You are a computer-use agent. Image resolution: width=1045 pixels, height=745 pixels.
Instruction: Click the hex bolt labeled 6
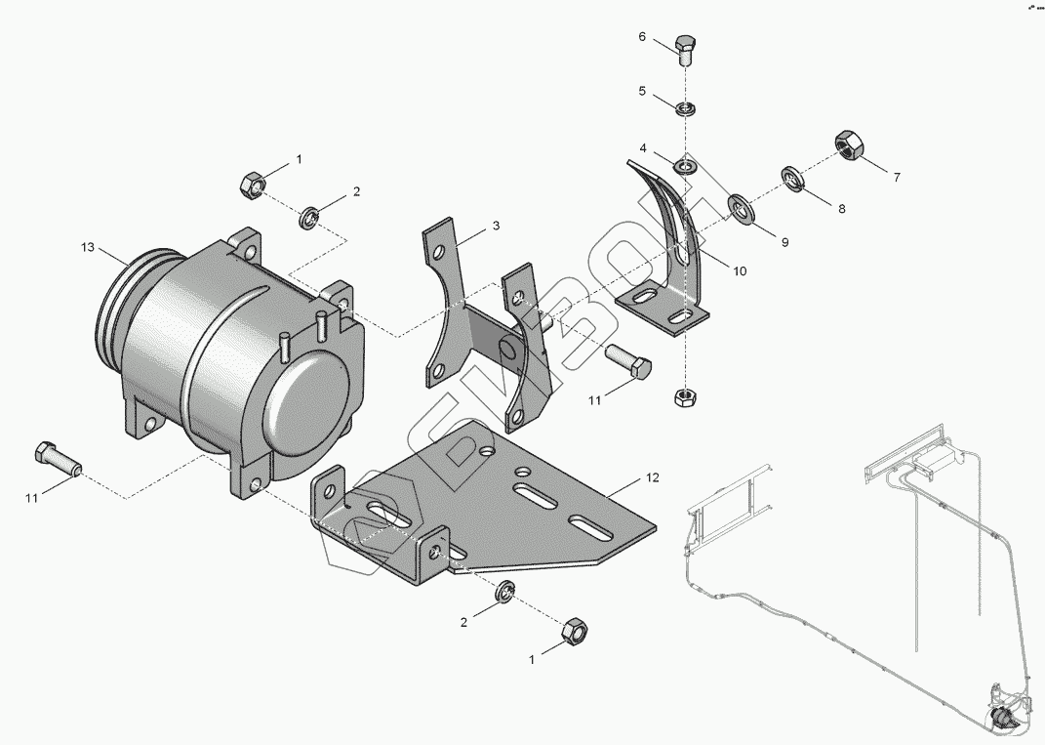point(686,50)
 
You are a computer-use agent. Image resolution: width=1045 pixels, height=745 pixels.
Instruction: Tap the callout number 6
point(642,37)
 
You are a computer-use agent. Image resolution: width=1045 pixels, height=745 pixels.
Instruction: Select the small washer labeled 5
point(686,105)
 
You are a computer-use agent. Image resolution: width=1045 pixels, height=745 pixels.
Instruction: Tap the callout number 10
point(740,270)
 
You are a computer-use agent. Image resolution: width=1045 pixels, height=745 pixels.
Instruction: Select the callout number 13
point(88,248)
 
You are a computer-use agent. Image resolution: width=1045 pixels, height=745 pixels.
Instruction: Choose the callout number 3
point(496,226)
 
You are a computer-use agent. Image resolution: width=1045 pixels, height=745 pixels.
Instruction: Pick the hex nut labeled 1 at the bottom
point(575,631)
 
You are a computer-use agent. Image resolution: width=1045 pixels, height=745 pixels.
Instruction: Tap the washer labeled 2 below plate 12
point(505,593)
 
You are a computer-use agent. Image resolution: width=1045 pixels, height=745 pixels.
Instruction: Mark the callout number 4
point(644,148)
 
